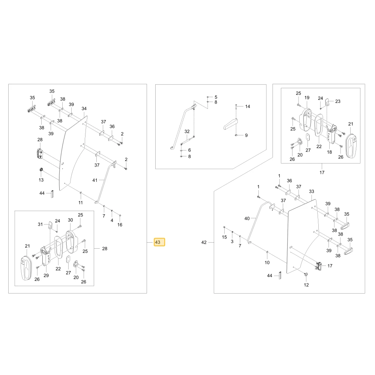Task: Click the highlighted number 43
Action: pos(157,242)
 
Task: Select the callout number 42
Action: pos(204,242)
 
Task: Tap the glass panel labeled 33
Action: pos(303,236)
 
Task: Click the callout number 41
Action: pos(95,180)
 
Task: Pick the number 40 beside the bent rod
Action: pos(247,218)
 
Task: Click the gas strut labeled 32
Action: pos(187,140)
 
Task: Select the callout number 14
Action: pos(247,106)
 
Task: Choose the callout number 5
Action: pos(216,97)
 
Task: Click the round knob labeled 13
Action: pos(41,170)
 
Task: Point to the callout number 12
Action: pos(306,285)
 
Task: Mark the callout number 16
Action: pos(120,225)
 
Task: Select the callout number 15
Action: pos(224,237)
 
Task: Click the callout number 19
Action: pos(307,97)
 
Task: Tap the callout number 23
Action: pos(338,101)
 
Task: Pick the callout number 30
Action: pos(70,220)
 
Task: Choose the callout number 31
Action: pos(40,224)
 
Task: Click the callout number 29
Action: pos(46,276)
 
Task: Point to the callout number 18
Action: pos(329,152)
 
